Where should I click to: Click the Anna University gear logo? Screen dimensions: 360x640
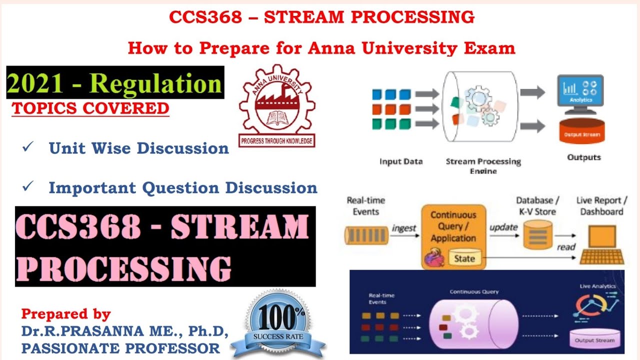(277, 107)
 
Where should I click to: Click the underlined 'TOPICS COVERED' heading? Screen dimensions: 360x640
(90, 108)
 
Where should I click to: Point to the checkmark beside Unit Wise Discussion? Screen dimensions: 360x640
(28, 147)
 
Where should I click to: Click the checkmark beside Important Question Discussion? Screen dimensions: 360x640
(28, 187)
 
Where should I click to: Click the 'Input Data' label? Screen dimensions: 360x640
(401, 161)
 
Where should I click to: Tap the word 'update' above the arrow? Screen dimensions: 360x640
(503, 227)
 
